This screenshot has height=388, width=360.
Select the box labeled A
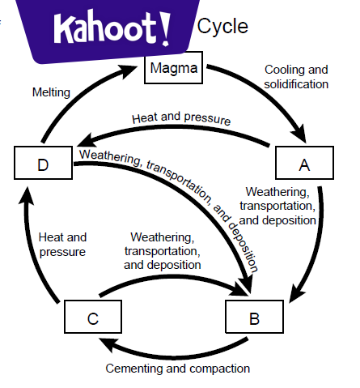(304, 165)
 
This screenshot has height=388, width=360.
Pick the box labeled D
(42, 165)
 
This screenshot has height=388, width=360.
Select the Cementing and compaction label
(178, 369)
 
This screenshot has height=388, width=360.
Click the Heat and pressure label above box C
(61, 244)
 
